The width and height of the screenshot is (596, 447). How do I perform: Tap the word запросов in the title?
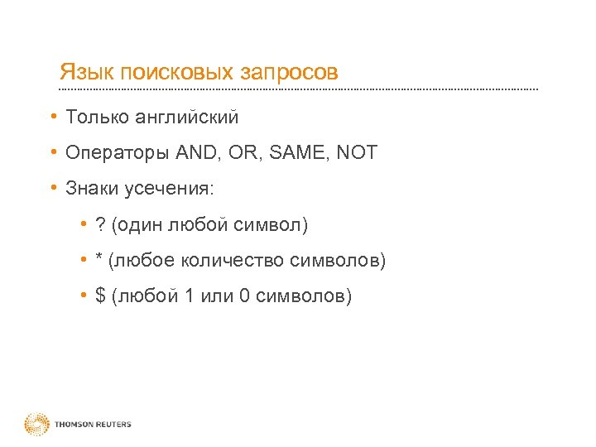pos(289,73)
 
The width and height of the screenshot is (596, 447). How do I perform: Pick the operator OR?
pos(247,153)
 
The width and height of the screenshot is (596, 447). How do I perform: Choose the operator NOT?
pos(357,153)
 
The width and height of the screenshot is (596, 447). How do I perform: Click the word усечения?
pos(169,190)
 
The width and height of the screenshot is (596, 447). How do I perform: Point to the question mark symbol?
pos(100,225)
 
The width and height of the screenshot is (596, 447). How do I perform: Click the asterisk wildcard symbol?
pos(99,260)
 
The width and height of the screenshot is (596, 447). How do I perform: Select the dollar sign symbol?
pos(101,296)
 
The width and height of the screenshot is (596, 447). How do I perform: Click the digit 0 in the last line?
pos(244,296)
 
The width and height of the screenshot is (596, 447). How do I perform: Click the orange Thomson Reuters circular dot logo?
pos(36,425)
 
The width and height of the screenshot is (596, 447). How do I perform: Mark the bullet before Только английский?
pos(52,117)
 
